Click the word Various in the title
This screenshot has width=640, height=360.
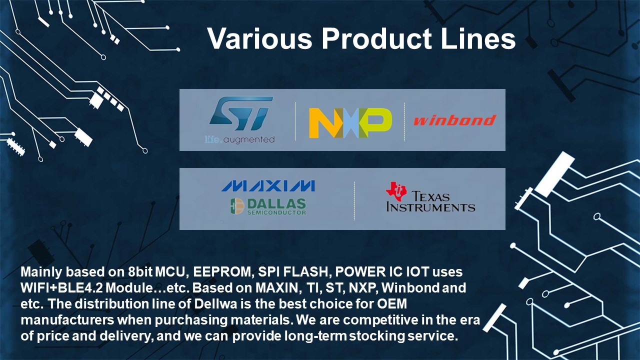(259, 38)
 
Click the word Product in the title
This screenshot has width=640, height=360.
(376, 38)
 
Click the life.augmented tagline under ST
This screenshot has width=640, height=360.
(239, 139)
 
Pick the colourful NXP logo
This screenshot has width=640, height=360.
(350, 123)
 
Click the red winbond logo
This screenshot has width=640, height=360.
(455, 120)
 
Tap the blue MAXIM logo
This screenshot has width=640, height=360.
(268, 185)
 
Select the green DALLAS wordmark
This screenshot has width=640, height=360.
(276, 203)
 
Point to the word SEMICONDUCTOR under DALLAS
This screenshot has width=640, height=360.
(276, 212)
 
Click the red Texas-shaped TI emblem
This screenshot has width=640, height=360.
(396, 191)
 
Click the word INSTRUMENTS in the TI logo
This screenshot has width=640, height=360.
(430, 207)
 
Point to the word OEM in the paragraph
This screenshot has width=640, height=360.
(392, 303)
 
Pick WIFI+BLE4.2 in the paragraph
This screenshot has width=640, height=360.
(61, 287)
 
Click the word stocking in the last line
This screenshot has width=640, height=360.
(377, 336)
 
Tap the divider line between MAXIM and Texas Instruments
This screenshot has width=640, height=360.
(354, 201)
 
